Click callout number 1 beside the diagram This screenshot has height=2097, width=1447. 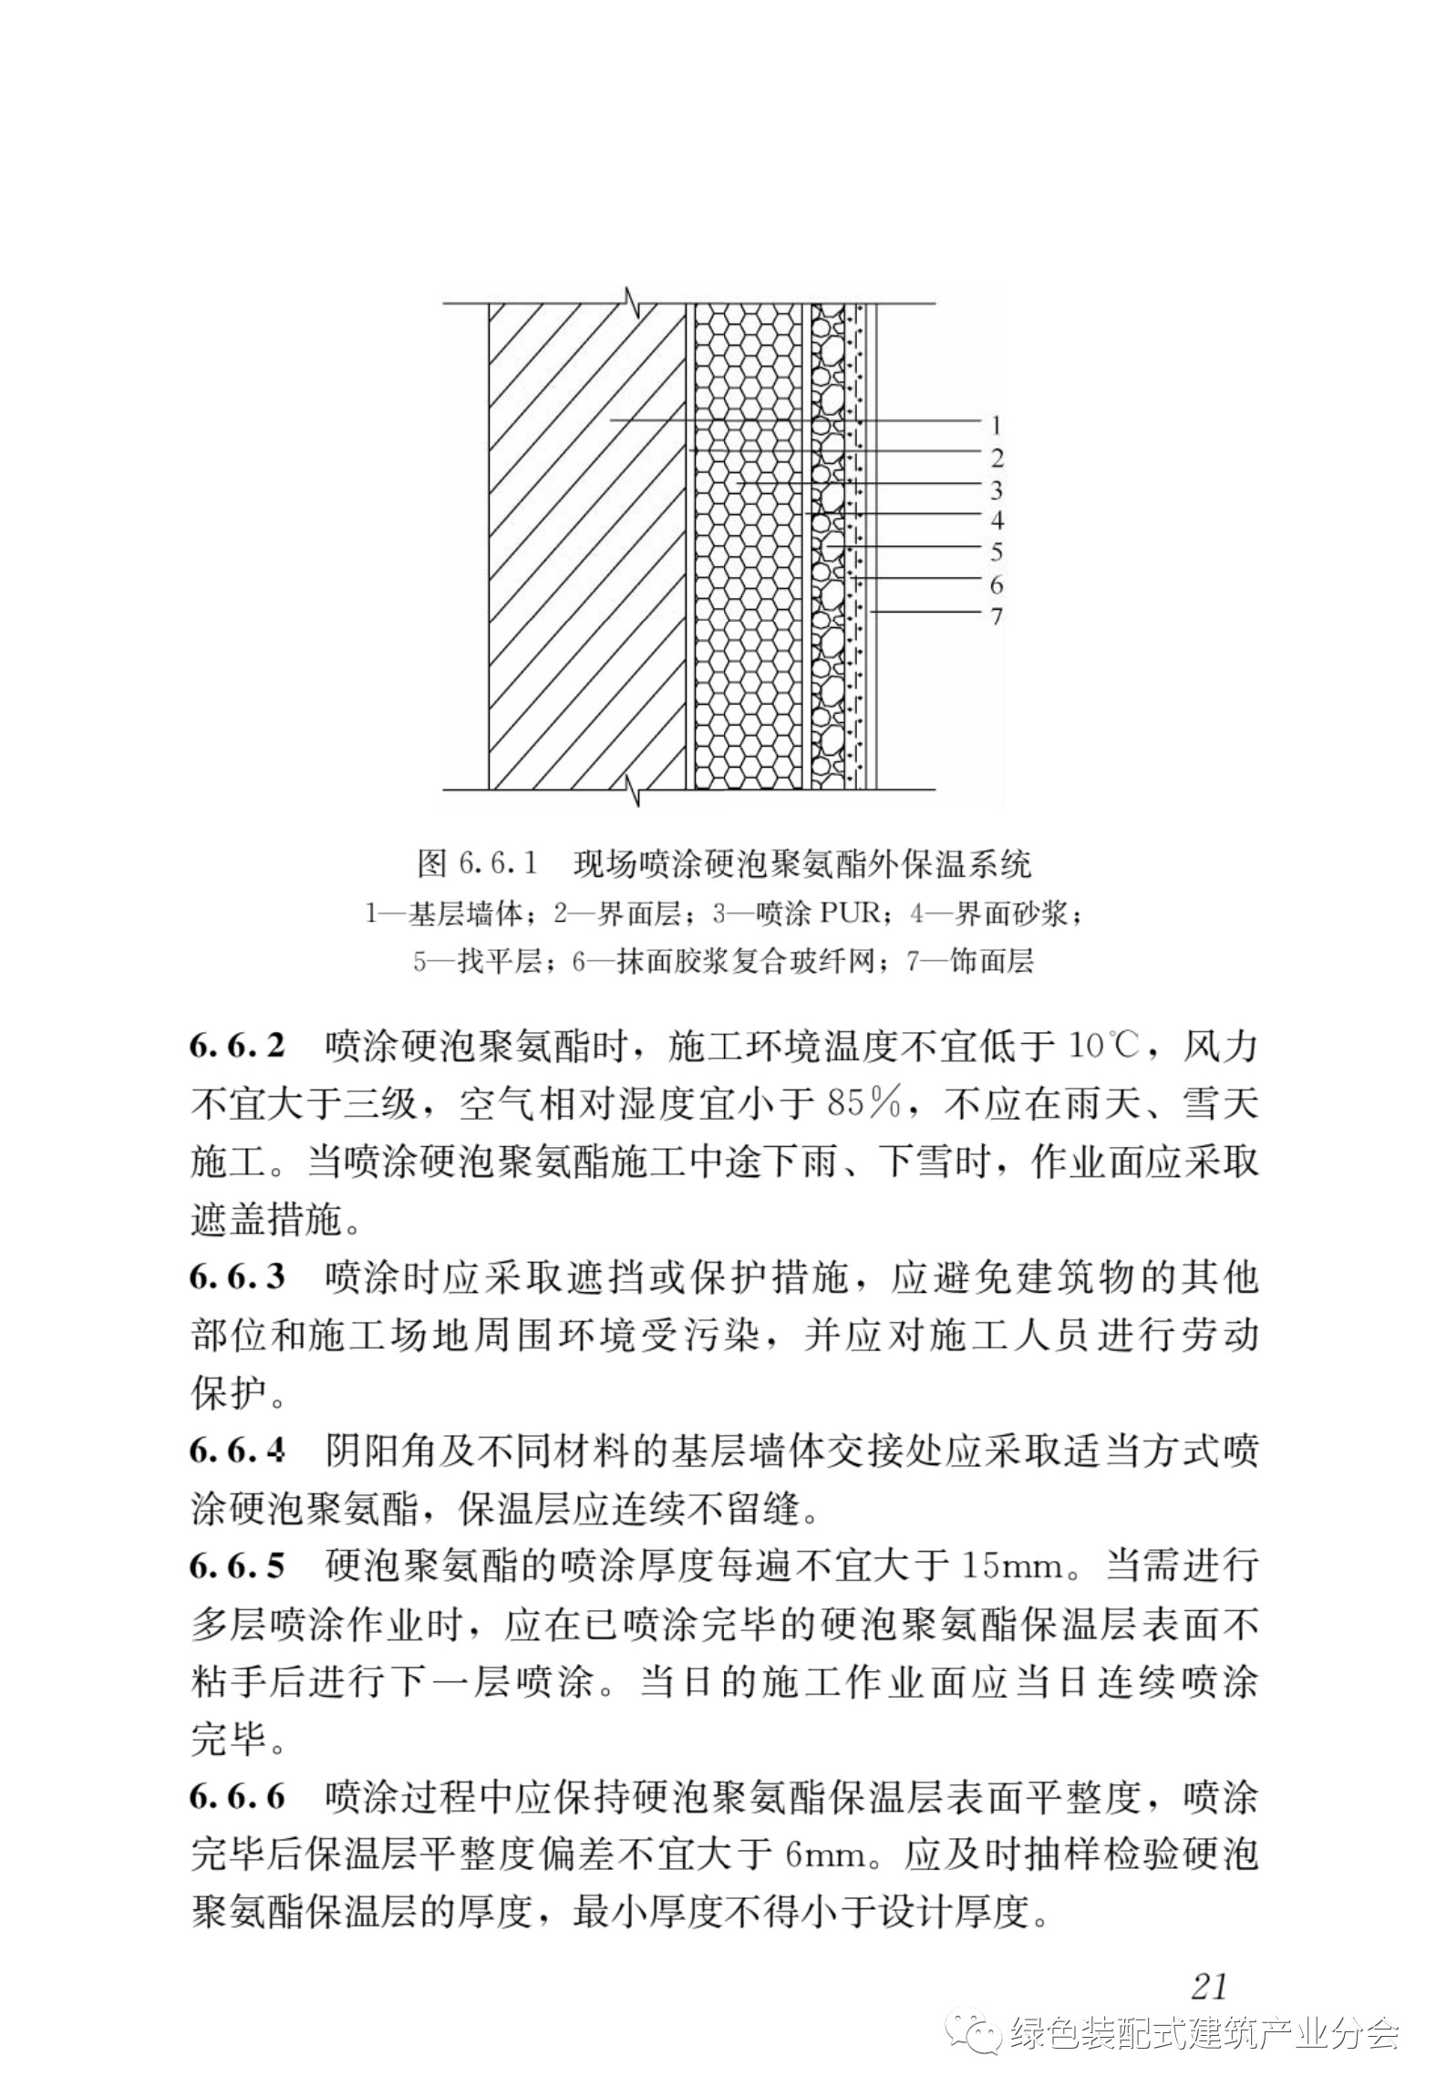(x=996, y=425)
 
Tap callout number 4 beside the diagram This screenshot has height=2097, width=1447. (x=997, y=520)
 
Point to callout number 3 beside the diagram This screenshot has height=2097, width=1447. (x=997, y=490)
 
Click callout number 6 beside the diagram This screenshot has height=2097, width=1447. (x=997, y=584)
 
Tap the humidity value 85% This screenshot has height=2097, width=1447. (x=863, y=1105)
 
